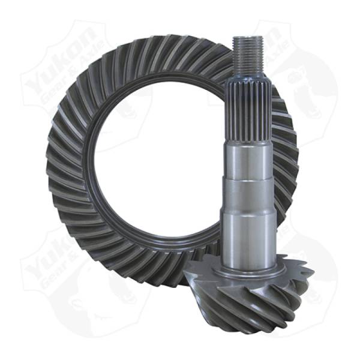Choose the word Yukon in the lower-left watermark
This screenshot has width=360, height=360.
point(51,264)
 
